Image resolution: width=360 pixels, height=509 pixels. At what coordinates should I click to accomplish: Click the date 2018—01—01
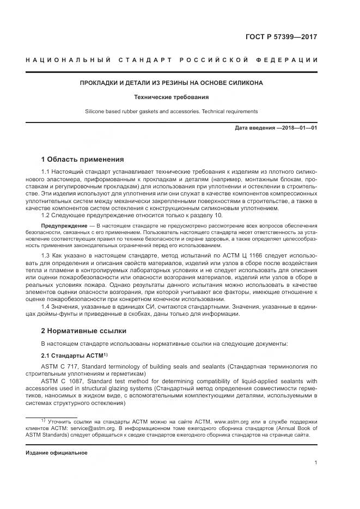pos(298,128)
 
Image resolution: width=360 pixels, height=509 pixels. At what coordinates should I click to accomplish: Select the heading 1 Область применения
pos(83,160)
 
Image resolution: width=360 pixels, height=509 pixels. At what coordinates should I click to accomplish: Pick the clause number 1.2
pos(46,215)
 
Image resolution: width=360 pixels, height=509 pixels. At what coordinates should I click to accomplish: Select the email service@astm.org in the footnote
pos(87,428)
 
